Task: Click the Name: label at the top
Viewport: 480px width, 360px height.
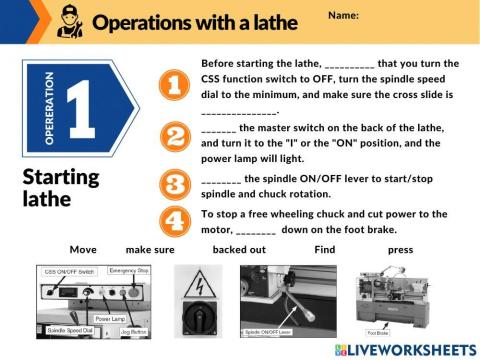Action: pyautogui.click(x=343, y=15)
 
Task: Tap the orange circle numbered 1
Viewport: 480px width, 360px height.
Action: pyautogui.click(x=175, y=86)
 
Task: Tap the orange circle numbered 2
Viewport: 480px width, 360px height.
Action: pyautogui.click(x=175, y=137)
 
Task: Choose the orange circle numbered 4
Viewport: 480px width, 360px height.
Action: pyautogui.click(x=175, y=221)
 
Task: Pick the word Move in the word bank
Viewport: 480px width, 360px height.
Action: pyautogui.click(x=84, y=249)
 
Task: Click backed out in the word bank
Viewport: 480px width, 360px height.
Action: pyautogui.click(x=238, y=249)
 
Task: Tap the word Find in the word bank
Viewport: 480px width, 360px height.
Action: pyautogui.click(x=324, y=249)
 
